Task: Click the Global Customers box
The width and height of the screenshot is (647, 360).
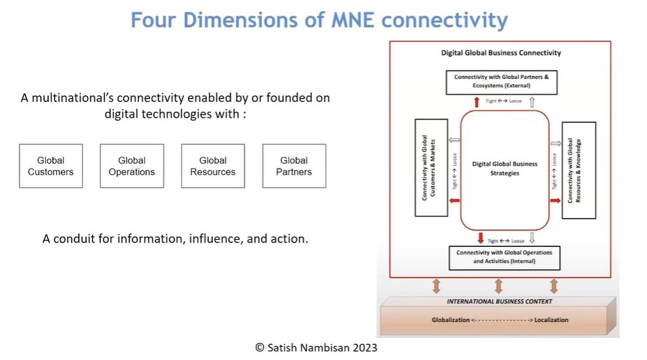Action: (x=51, y=166)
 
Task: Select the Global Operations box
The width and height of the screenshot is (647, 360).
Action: (x=132, y=166)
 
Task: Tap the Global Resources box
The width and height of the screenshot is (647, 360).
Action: (x=213, y=166)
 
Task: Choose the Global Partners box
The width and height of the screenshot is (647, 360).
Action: (x=294, y=166)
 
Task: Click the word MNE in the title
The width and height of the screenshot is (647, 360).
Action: (x=354, y=20)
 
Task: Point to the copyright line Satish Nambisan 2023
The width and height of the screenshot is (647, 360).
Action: (x=316, y=348)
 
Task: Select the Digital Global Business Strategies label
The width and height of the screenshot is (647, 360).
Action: (x=505, y=169)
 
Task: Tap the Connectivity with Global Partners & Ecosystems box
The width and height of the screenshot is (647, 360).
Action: (x=501, y=82)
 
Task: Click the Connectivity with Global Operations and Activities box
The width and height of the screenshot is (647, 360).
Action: (x=504, y=258)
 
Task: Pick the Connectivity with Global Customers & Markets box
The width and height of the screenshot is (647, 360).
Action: (x=431, y=168)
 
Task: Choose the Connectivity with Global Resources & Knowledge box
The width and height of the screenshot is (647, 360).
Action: (x=579, y=170)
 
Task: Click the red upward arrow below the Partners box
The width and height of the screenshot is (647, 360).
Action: (x=477, y=101)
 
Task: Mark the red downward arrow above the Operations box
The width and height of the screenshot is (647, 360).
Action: (x=481, y=238)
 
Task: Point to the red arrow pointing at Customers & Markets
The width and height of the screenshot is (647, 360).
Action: (x=454, y=201)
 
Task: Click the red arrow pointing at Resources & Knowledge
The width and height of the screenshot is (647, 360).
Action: (x=556, y=200)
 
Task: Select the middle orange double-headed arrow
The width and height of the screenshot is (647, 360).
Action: (x=498, y=286)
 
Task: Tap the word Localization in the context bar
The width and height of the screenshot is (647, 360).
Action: (x=551, y=320)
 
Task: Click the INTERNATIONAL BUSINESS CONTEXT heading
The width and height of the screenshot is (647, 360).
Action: (x=499, y=301)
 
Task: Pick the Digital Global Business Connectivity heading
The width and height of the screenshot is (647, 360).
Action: (x=501, y=53)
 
